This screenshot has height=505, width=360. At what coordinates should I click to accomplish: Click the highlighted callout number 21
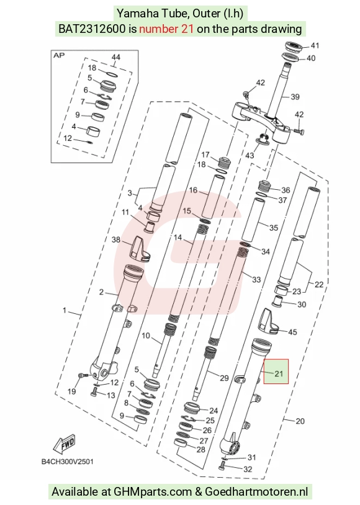point(279,373)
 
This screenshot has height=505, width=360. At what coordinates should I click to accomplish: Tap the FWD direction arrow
point(65,445)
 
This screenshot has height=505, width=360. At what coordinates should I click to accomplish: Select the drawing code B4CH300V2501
point(68,462)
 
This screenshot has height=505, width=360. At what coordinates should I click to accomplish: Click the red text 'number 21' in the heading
point(166,29)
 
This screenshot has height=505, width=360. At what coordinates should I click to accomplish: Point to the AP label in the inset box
point(59,55)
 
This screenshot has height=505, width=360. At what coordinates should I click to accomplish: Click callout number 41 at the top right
point(315,45)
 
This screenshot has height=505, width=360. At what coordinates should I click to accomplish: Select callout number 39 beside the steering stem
point(295,97)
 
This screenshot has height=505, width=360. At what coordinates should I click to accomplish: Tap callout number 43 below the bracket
point(250,155)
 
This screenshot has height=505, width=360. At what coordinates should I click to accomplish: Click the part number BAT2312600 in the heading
point(92,29)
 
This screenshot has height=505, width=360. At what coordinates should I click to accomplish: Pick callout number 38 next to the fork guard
point(116,239)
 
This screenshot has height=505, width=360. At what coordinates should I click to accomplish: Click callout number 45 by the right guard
point(292,332)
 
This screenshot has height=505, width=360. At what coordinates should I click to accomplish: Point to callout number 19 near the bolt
point(71,391)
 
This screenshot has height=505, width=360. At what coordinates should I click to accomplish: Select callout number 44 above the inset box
point(115,57)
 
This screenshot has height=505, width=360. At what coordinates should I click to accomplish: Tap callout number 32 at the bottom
point(248,469)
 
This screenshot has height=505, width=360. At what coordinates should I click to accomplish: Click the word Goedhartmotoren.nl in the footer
point(256,492)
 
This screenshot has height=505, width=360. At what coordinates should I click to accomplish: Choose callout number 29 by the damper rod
point(224,378)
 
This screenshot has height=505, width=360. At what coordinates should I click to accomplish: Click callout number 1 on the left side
point(65,310)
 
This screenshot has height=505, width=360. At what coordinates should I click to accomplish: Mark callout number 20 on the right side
point(300,421)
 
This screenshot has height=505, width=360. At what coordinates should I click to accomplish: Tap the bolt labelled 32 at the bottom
point(222,465)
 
